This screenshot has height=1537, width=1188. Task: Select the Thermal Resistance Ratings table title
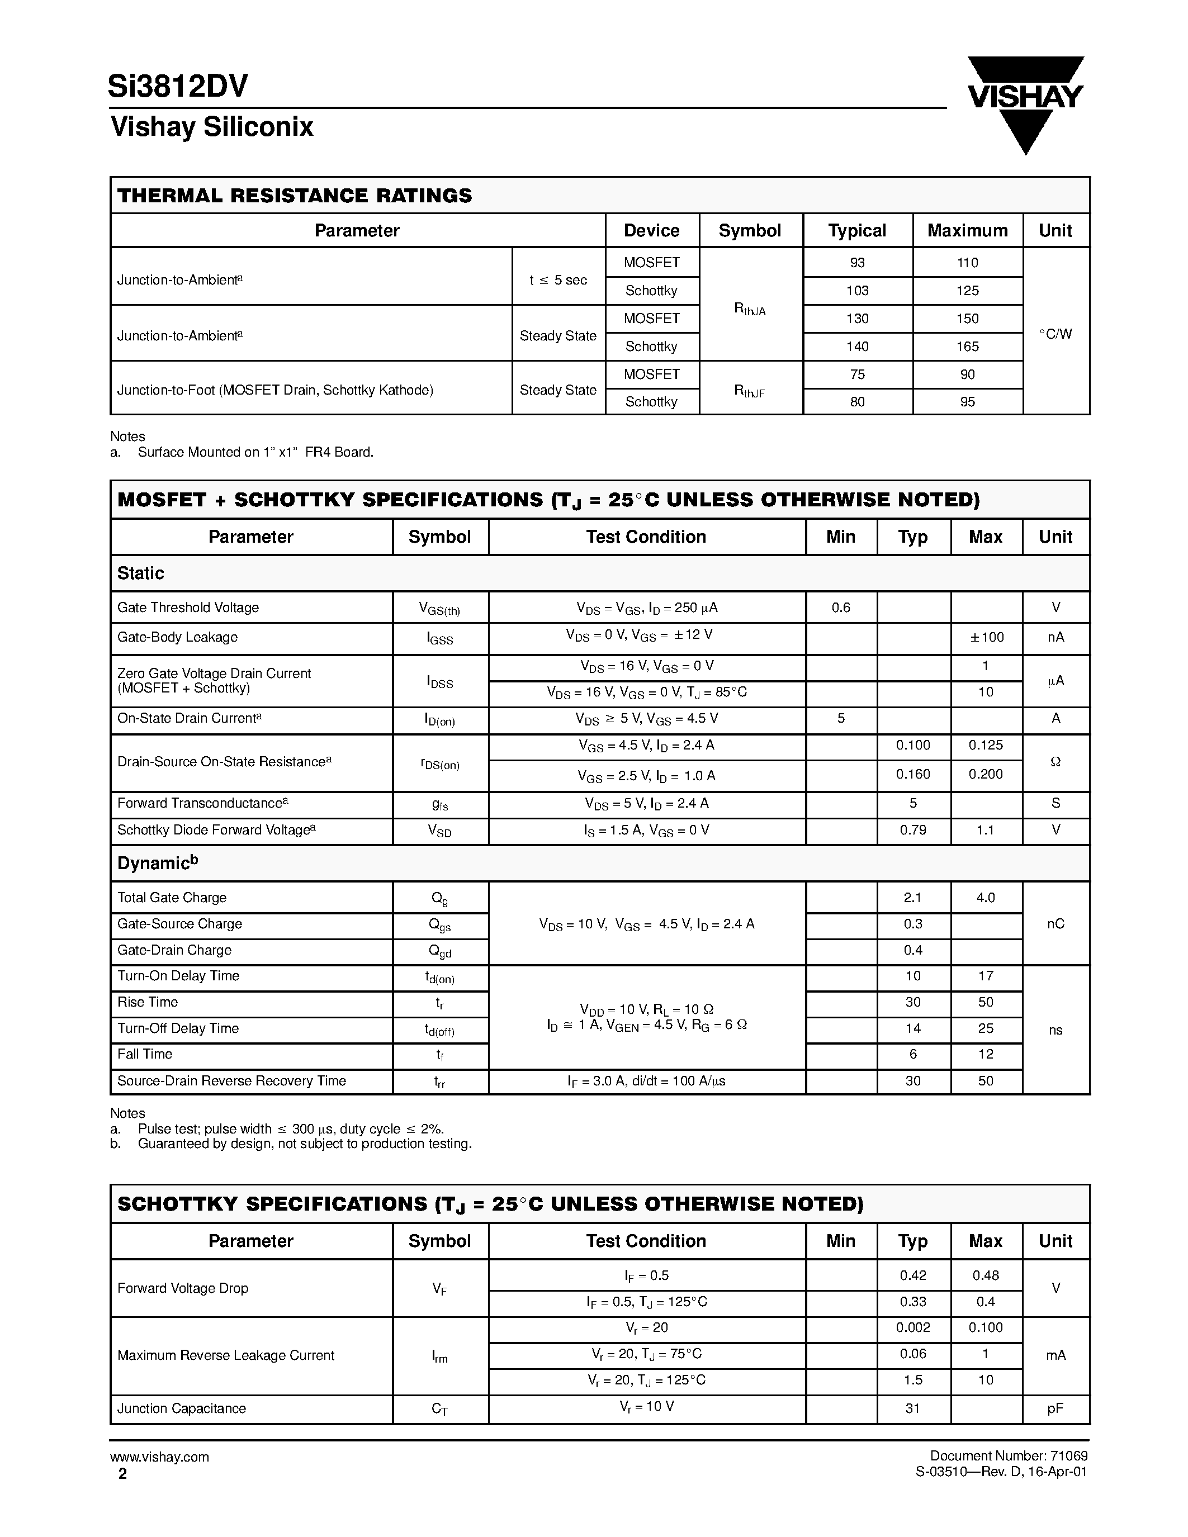tap(294, 196)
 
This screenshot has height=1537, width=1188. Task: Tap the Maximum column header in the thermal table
tap(967, 231)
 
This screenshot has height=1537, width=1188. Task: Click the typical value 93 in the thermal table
tap(856, 263)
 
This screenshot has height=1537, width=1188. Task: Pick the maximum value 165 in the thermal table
tap(967, 347)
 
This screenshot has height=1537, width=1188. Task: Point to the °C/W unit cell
tap(1055, 334)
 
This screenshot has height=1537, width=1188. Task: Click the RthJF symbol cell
tap(750, 391)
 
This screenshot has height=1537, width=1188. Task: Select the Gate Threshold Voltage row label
tap(188, 608)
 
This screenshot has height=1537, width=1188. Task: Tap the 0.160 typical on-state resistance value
tap(912, 774)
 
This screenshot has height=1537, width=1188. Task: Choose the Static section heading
tap(141, 573)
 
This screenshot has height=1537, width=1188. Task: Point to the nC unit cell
tap(1055, 924)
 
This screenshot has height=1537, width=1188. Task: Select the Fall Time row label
tap(145, 1054)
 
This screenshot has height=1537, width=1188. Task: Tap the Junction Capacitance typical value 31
tap(912, 1409)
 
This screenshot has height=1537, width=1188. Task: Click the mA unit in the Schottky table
tap(1055, 1355)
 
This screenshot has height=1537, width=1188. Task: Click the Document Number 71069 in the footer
tap(1009, 1456)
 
